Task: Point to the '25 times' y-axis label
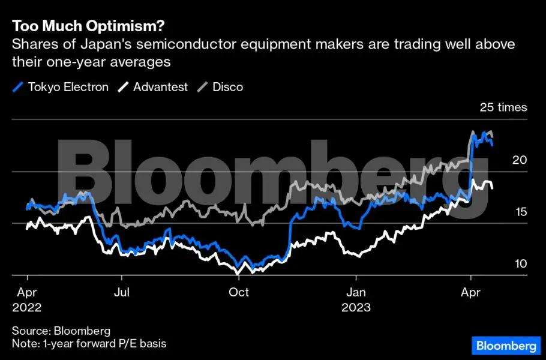[503, 108]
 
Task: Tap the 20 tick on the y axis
[519, 160]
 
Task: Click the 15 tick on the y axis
[519, 212]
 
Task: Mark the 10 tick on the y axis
[519, 264]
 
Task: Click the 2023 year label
[356, 308]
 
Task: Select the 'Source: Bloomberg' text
[61, 331]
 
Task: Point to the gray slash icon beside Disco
[203, 87]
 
